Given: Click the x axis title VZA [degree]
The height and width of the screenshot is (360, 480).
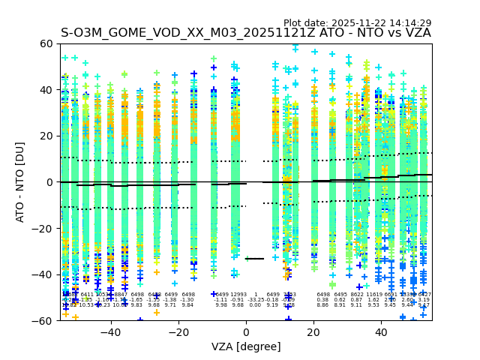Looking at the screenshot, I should (246, 346).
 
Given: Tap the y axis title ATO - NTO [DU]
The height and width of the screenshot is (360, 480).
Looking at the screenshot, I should (21, 182).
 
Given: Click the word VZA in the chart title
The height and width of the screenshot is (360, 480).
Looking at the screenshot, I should (417, 33).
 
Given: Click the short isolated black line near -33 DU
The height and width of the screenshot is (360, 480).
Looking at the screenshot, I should (255, 259).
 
